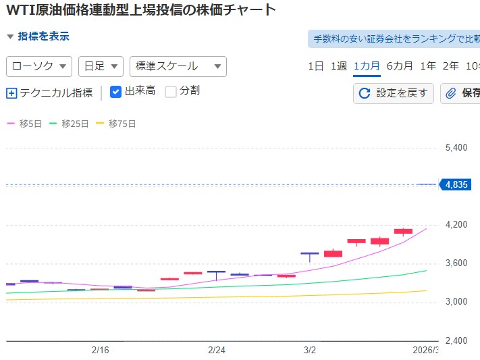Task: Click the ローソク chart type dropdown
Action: [39, 66]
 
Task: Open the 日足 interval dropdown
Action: [101, 66]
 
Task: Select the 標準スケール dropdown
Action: [178, 66]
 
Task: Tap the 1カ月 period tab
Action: [367, 66]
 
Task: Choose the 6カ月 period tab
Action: [400, 66]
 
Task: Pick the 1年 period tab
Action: [428, 66]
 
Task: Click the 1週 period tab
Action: [339, 66]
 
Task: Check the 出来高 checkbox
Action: [115, 91]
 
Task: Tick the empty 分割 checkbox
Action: [171, 91]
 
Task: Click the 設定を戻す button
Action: [394, 93]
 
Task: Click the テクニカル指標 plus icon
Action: [11, 93]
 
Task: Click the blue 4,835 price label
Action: [452, 184]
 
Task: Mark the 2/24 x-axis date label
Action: [216, 350]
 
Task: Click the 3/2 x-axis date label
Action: [310, 350]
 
